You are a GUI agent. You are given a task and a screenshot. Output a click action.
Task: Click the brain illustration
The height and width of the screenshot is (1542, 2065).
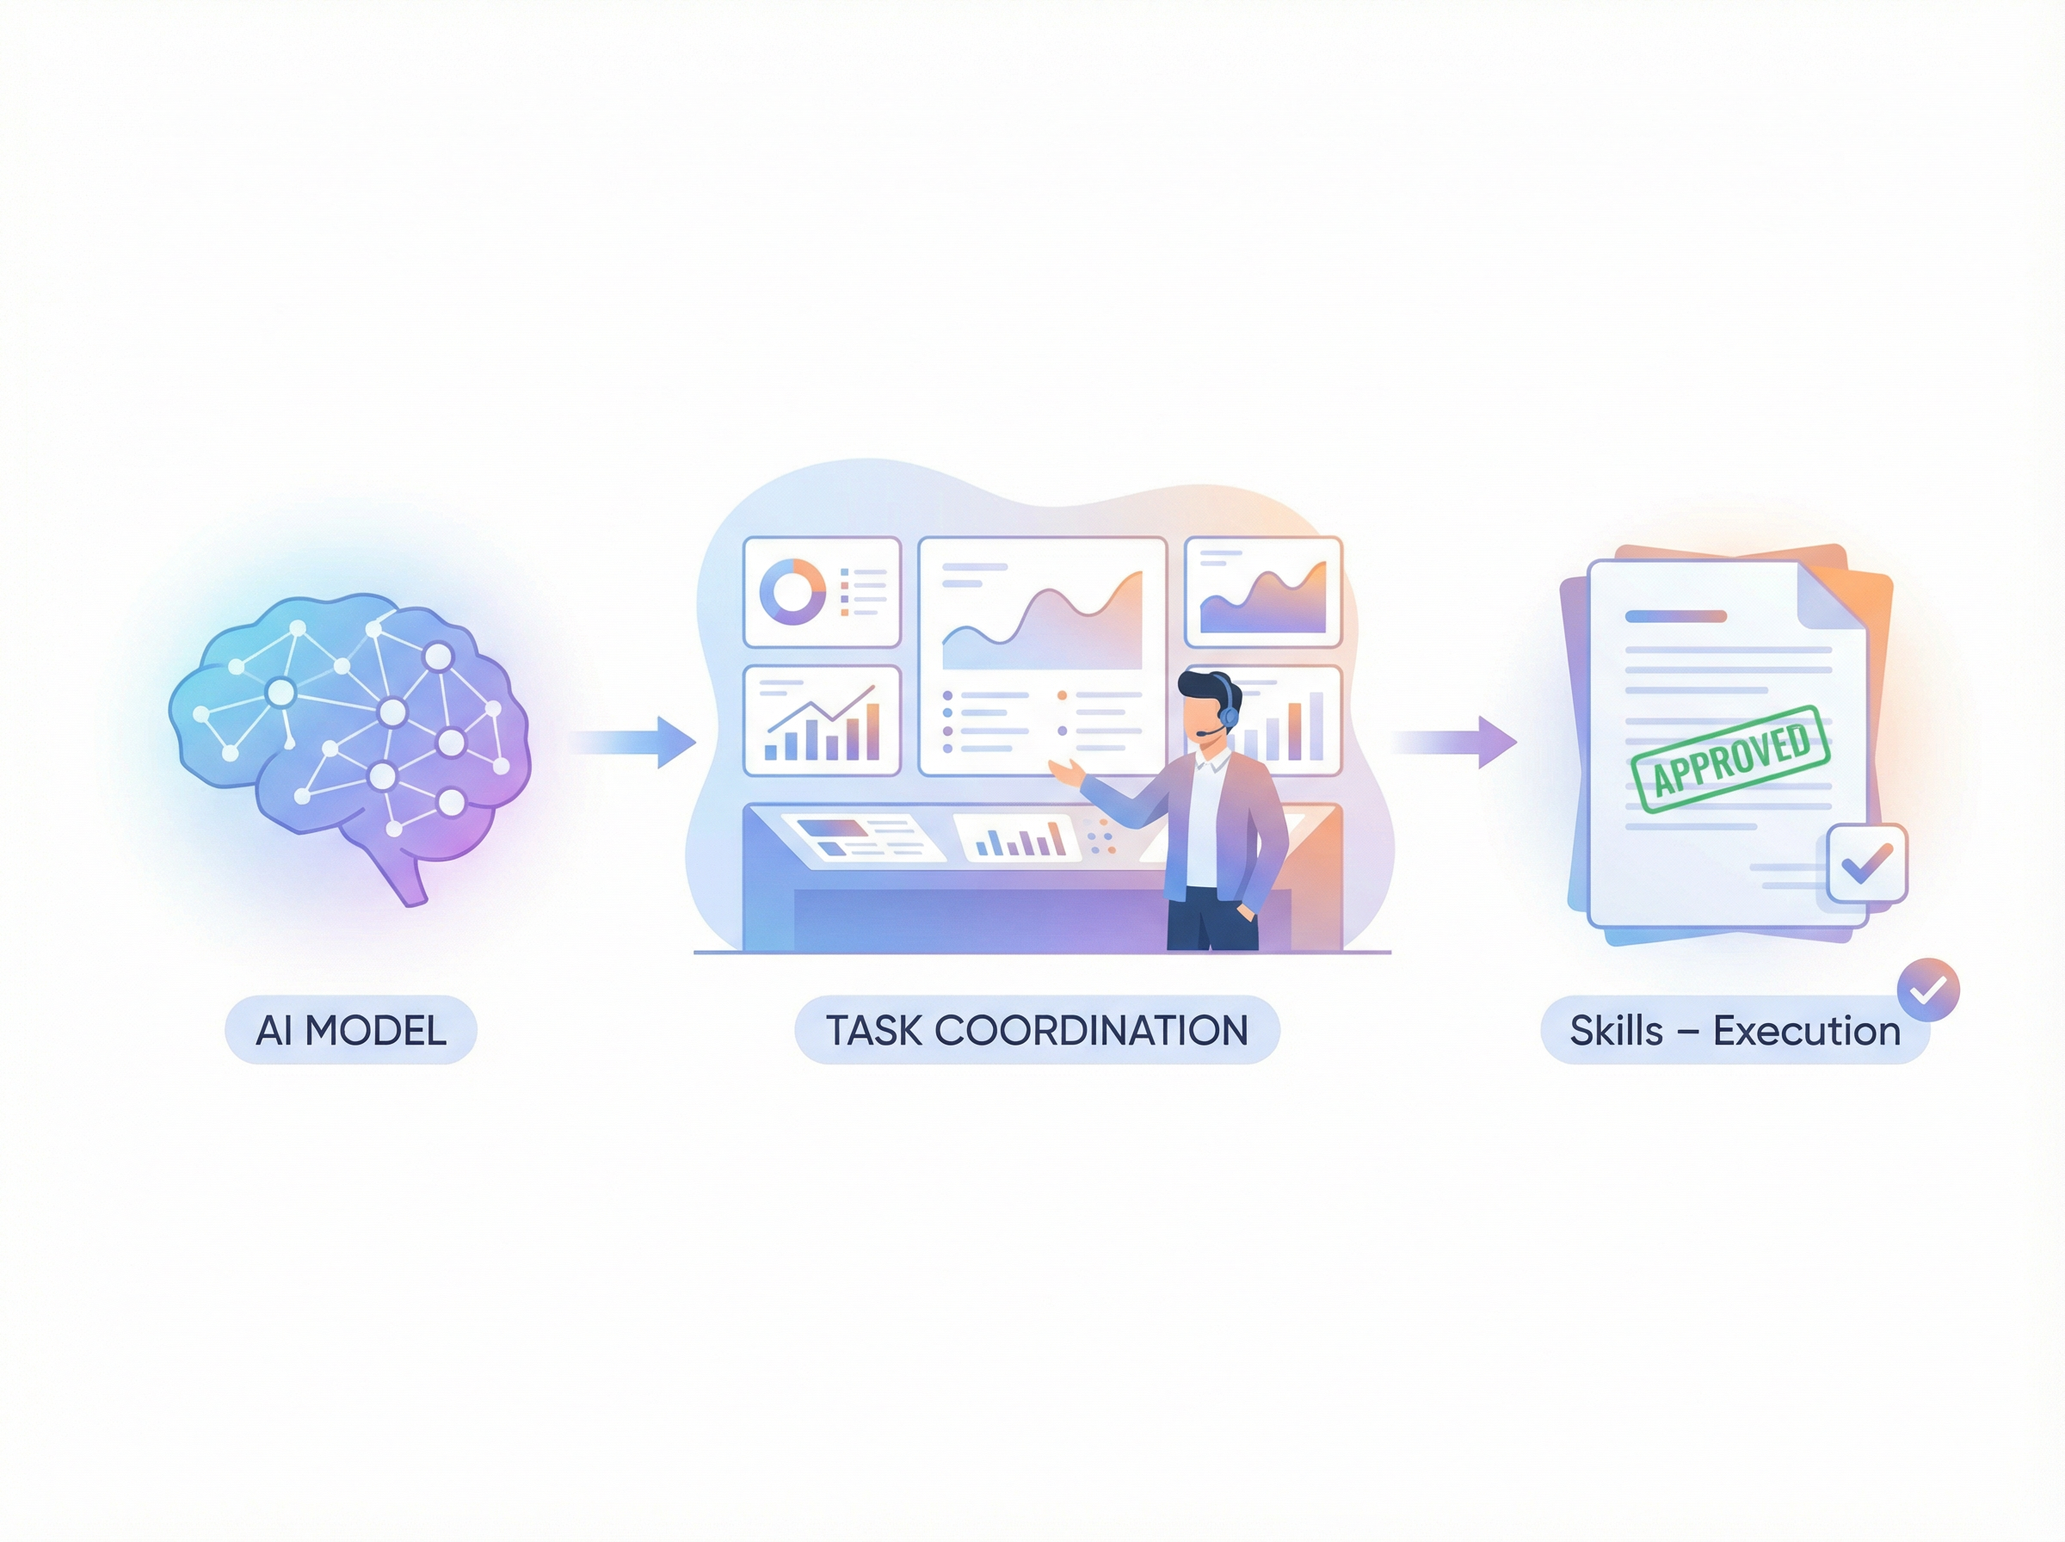[349, 737]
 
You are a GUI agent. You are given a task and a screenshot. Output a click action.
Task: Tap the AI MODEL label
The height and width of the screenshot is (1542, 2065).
[351, 1031]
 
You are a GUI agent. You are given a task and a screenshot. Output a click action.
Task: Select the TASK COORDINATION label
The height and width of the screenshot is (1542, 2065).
[1037, 1031]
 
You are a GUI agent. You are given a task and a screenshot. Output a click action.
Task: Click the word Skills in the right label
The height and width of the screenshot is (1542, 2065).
[1616, 1031]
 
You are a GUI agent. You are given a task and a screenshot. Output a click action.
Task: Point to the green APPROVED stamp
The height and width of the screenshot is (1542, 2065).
[1731, 759]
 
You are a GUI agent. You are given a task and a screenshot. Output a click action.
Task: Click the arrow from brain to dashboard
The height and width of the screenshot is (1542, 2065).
[634, 742]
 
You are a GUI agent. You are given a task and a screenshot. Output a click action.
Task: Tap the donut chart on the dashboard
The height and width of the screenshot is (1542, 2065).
[792, 592]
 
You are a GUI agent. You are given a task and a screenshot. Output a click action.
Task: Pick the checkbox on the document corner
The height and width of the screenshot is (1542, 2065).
[1866, 863]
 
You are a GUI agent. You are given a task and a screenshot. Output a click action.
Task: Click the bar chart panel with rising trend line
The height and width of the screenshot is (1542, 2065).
[821, 720]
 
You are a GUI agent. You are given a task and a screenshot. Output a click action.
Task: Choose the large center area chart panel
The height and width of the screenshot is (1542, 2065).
[1042, 657]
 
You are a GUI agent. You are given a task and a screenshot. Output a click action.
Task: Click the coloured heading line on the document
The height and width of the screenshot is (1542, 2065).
[1676, 616]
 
